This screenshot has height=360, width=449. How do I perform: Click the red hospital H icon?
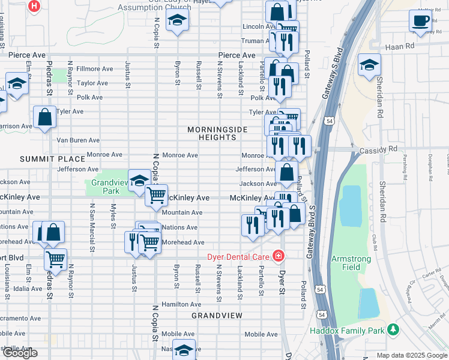click(35, 7)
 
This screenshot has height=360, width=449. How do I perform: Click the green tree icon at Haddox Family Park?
click(393, 329)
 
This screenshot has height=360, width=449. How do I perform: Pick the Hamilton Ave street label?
click(177, 305)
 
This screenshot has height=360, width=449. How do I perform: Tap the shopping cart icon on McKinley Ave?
click(157, 194)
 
